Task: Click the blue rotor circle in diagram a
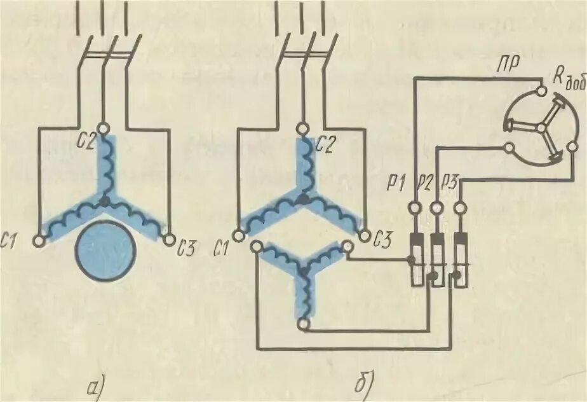(106, 253)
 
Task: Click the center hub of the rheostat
(541, 127)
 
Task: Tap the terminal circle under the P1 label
(414, 207)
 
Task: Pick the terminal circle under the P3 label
(459, 207)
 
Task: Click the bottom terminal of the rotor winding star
(304, 325)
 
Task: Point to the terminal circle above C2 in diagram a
(105, 127)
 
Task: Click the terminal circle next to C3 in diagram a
(169, 240)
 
